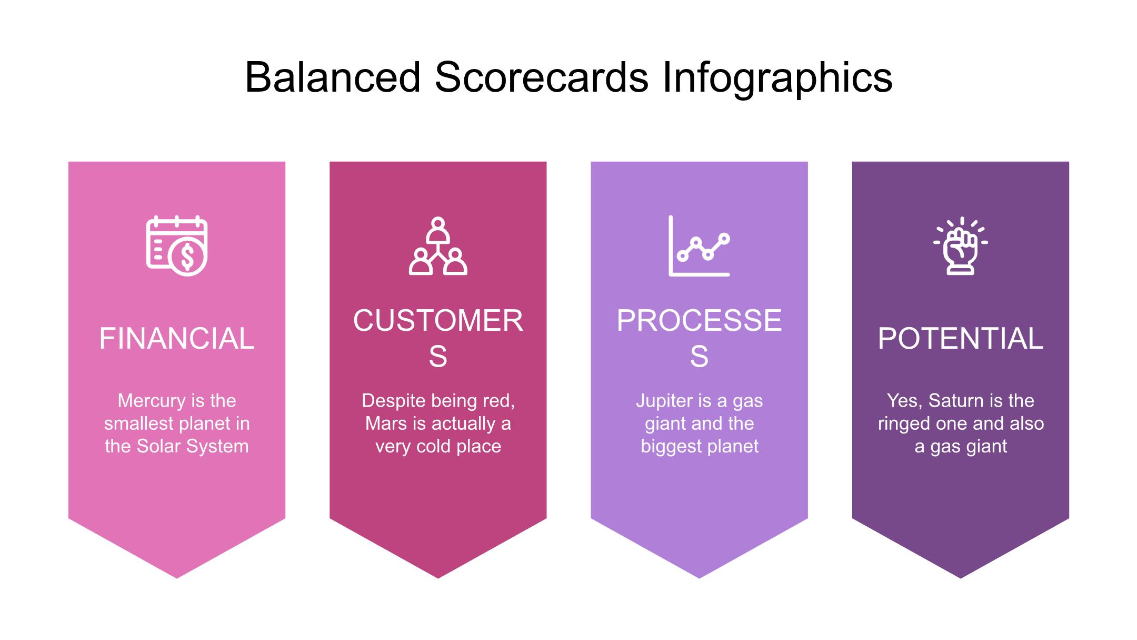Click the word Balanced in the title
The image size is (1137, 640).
tap(333, 77)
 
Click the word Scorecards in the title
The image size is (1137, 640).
tap(542, 77)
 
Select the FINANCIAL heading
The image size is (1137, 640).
tap(177, 338)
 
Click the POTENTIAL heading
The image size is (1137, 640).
tap(961, 338)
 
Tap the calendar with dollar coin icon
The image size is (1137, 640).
tap(177, 245)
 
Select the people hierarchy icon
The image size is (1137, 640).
tap(438, 246)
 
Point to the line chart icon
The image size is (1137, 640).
tap(700, 245)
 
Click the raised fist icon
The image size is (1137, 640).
tap(961, 246)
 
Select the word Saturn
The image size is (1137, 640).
tap(953, 401)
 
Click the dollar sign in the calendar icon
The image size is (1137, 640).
tap(187, 256)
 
